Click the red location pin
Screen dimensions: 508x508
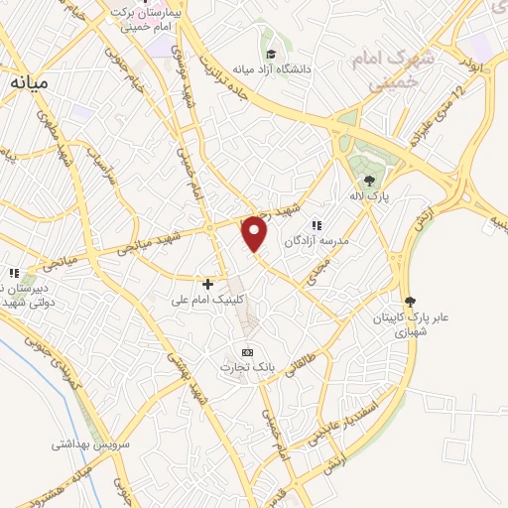tap(255, 233)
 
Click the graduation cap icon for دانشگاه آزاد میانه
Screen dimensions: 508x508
tap(271, 55)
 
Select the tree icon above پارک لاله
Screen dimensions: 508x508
tap(369, 181)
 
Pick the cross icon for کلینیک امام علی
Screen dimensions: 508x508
tap(207, 285)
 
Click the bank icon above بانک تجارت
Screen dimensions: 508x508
tap(247, 352)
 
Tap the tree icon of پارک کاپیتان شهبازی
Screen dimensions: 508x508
tap(412, 302)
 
